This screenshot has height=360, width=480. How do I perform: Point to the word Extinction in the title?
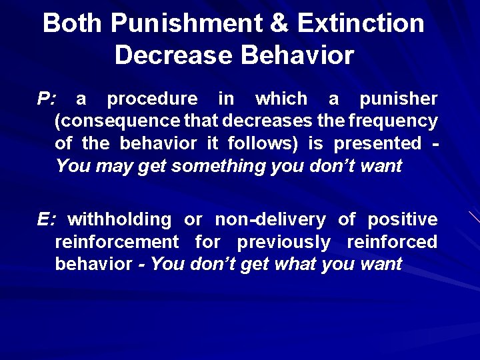point(361,23)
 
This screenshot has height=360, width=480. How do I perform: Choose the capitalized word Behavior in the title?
point(297,55)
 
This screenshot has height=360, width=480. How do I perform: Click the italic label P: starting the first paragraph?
point(47,99)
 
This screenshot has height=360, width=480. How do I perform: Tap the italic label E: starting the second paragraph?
point(47,219)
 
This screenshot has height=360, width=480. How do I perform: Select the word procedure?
point(152,99)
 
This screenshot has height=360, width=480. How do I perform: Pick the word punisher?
point(399,99)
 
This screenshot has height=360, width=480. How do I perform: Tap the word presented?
point(377,144)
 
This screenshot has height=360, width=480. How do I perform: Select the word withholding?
point(120,219)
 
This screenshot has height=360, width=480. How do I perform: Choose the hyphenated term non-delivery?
point(270,219)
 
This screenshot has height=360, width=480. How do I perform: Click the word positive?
point(403,219)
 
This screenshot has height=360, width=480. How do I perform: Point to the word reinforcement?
point(117,241)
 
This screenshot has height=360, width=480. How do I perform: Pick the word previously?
point(283,241)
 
